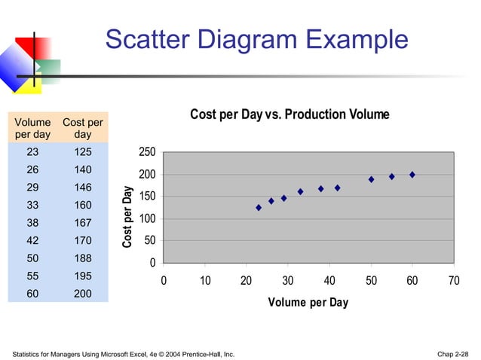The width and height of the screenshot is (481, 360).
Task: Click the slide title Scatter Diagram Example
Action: point(256,39)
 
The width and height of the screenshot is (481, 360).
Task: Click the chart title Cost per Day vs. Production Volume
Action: point(290,114)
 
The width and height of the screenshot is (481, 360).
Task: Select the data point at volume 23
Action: point(259,207)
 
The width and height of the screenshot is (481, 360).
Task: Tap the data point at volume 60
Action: point(412,175)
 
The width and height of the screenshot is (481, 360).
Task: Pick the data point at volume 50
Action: point(371,179)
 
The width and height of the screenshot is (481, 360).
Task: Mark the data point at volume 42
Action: point(337,188)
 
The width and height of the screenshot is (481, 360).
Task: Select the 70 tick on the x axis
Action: point(453,280)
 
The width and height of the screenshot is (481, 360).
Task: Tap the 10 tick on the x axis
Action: point(205,280)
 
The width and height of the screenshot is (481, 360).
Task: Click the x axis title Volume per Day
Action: point(308,303)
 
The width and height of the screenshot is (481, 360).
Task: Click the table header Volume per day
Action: point(33,128)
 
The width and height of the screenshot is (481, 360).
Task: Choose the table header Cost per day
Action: point(83,128)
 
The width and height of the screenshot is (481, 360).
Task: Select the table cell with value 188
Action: point(83,258)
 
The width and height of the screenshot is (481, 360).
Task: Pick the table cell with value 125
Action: point(83,152)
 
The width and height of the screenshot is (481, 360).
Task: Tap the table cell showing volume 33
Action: point(33,205)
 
